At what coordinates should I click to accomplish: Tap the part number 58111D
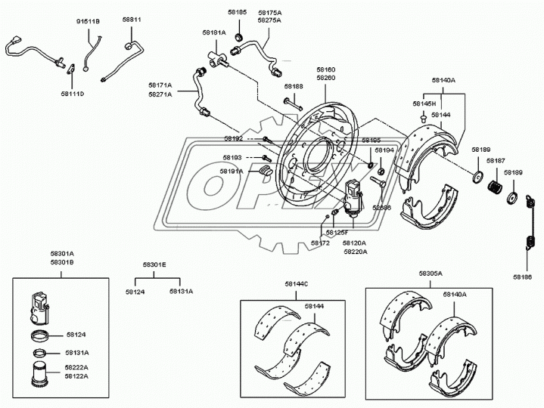[73, 94]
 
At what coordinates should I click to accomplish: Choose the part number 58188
[294, 87]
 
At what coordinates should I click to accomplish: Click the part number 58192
[233, 138]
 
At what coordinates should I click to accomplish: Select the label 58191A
[232, 172]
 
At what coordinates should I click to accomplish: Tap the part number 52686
[382, 207]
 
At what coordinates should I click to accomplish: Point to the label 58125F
[337, 232]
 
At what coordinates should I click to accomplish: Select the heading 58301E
[154, 265]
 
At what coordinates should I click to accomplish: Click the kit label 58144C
[297, 283]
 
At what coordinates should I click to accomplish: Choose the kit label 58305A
[430, 274]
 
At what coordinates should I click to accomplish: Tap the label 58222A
[77, 366]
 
